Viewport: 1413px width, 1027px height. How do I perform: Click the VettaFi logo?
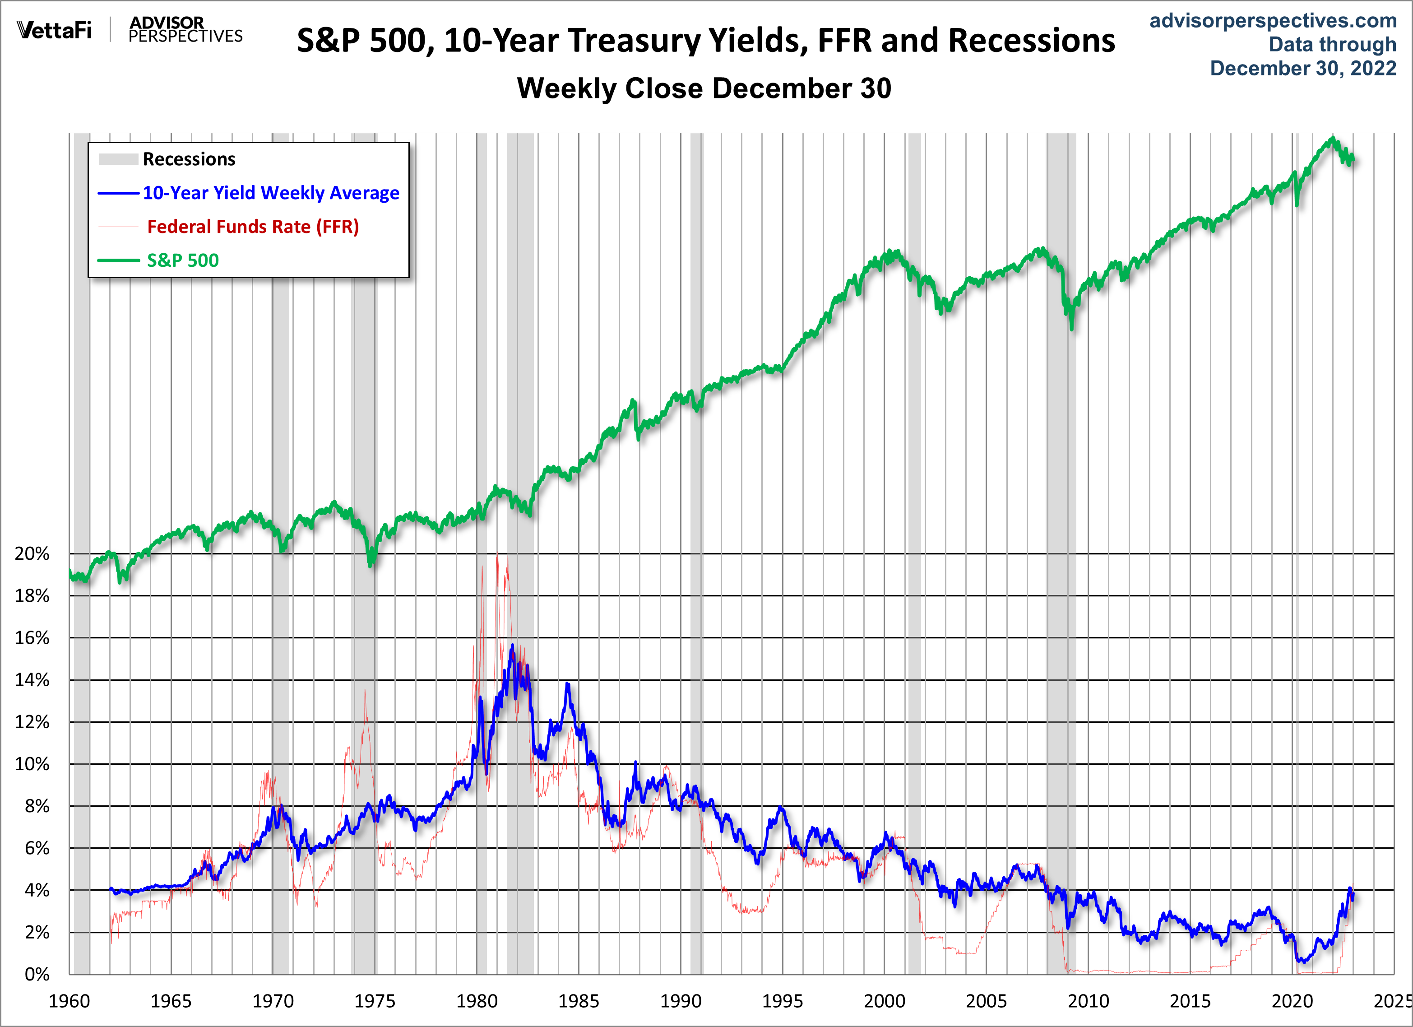(x=54, y=29)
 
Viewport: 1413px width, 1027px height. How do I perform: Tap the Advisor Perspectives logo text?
(x=185, y=29)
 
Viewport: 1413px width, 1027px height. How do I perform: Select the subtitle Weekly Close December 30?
(x=704, y=88)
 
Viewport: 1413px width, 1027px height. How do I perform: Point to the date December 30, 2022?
(x=1303, y=68)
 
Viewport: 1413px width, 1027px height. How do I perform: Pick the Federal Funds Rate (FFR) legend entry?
(x=252, y=226)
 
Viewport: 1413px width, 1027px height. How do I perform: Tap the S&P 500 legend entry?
(x=182, y=260)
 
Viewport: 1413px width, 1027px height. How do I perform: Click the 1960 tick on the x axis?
(x=69, y=1001)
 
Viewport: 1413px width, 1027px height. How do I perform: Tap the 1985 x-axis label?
(x=579, y=1001)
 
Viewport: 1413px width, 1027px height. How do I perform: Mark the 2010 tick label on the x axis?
(x=1089, y=1001)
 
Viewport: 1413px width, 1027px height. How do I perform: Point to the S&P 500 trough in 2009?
(x=1071, y=329)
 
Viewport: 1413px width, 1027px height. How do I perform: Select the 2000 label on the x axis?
(x=885, y=1001)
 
